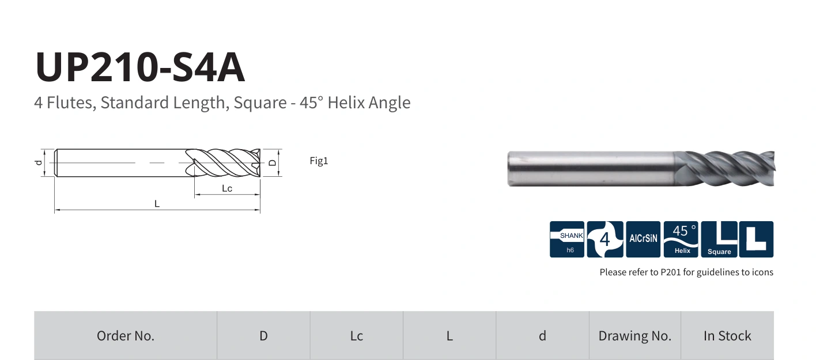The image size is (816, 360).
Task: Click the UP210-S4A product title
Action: tap(140, 67)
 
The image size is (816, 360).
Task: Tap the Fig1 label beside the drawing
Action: tap(319, 161)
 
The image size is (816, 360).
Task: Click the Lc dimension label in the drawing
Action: tap(227, 188)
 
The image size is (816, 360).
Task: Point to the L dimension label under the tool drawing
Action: tap(157, 203)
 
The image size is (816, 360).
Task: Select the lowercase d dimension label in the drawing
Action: tap(39, 162)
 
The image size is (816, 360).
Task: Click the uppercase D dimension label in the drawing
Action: tap(272, 162)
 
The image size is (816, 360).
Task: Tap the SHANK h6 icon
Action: tap(567, 239)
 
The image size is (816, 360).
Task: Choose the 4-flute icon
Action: tap(605, 239)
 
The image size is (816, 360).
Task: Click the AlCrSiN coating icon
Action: tap(643, 239)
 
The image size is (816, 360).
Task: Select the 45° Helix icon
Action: tap(681, 239)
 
